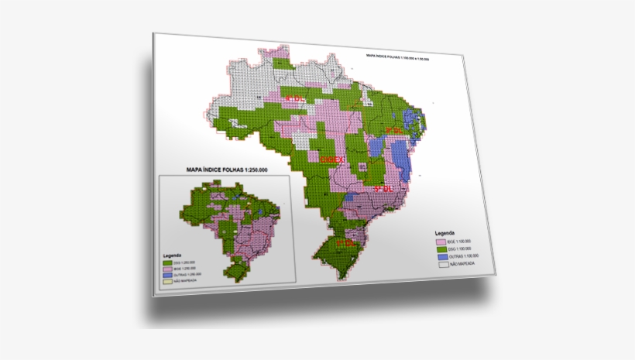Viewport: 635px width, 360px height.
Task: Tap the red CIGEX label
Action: pyautogui.click(x=331, y=158)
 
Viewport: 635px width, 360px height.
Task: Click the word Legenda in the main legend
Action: pyautogui.click(x=444, y=232)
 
